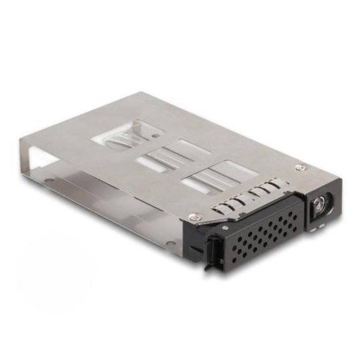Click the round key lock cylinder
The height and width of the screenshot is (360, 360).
click(319, 203)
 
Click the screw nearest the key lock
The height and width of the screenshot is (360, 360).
click(300, 166)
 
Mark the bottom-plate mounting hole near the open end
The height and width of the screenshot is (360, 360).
click(50, 181)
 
